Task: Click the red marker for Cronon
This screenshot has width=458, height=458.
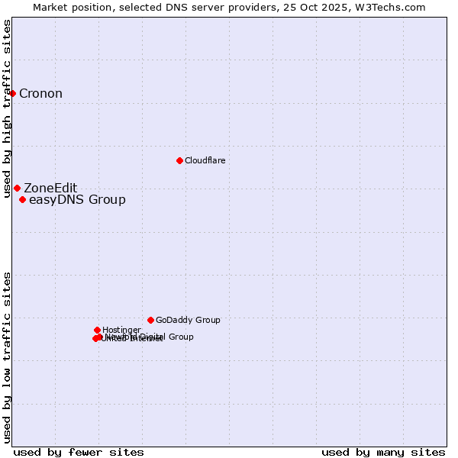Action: coord(13,93)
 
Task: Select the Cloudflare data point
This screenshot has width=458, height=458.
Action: coord(179,160)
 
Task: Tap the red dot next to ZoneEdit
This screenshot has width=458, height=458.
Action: coord(17,188)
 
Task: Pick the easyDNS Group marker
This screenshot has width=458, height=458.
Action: coord(22,200)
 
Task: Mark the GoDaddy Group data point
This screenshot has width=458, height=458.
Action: coord(150,320)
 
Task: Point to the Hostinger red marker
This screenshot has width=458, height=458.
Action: coord(97,330)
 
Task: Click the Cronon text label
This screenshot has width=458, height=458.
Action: coord(40,94)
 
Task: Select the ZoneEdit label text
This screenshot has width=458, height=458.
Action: coord(50,189)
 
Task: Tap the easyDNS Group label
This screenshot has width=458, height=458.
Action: coord(77,200)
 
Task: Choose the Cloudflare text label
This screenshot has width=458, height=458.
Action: coord(205,160)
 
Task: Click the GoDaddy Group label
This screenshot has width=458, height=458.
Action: coord(188,321)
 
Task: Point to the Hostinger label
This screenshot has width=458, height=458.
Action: coord(121,330)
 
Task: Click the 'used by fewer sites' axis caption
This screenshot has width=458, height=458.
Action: coord(79,452)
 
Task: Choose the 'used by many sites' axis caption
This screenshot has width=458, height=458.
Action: coord(383,452)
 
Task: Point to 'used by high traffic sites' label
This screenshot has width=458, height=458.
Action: coord(7,108)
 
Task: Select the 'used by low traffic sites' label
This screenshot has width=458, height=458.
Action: coord(7,357)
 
